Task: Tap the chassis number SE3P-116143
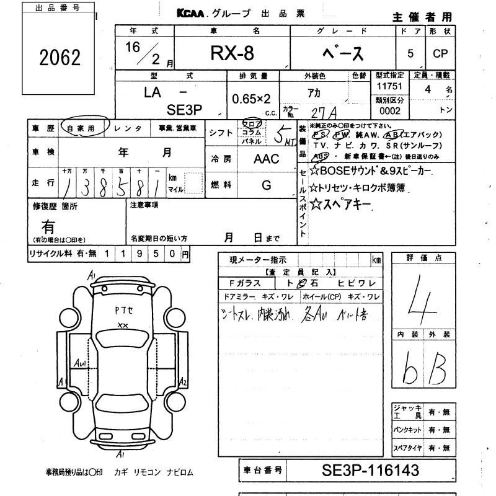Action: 371,470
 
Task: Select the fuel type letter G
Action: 267,185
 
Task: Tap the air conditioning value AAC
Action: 267,159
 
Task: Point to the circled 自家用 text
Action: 86,128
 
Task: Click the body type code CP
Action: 440,54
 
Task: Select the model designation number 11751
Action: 389,87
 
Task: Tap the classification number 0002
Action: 389,111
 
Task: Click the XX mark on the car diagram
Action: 123,325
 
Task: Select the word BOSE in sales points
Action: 334,171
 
